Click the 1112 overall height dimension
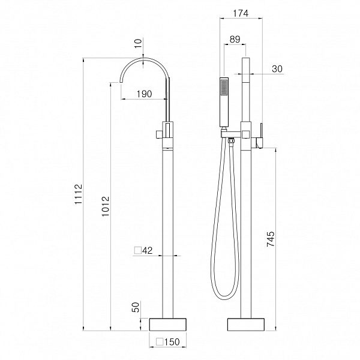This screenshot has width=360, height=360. (x=78, y=194)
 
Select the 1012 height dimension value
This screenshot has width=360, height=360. (x=106, y=206)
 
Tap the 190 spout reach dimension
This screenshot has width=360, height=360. (x=144, y=94)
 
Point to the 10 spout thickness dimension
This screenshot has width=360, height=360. (x=138, y=43)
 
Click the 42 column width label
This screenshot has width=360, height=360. (x=147, y=250)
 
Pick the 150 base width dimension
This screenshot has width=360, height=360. (x=172, y=342)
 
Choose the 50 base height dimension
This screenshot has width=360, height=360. (x=136, y=307)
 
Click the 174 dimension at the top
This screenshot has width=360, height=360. (x=241, y=13)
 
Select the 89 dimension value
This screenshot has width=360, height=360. (x=235, y=39)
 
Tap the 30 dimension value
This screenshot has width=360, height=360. (x=277, y=68)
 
